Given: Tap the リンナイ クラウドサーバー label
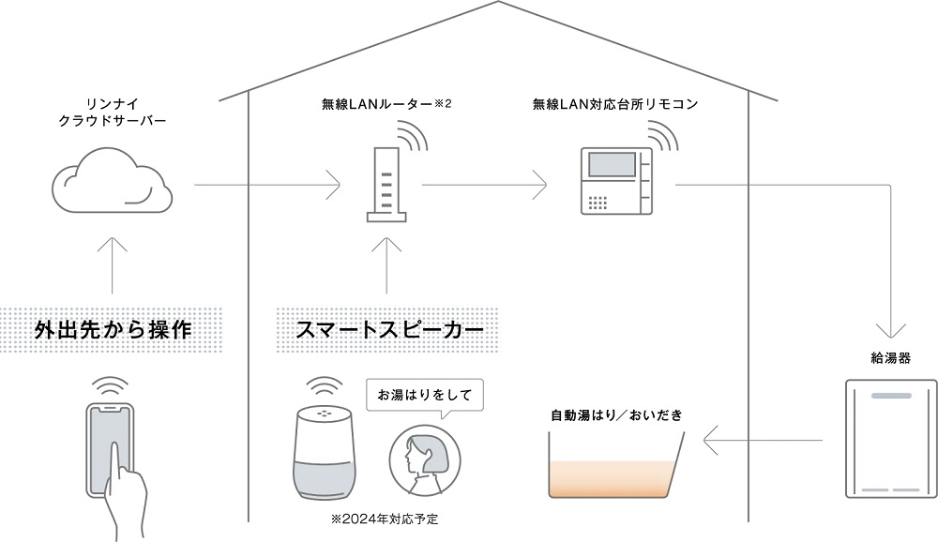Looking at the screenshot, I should [x=113, y=113].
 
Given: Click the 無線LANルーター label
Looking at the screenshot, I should [x=386, y=102].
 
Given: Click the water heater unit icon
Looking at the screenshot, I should [x=890, y=438].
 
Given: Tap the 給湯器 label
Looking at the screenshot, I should [x=890, y=359].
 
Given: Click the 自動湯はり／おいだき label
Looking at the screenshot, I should [x=617, y=413].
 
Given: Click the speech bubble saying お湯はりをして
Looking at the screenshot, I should [x=424, y=394].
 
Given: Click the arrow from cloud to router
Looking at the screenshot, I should [x=267, y=185].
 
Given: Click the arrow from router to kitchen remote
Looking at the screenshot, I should [x=484, y=185].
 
